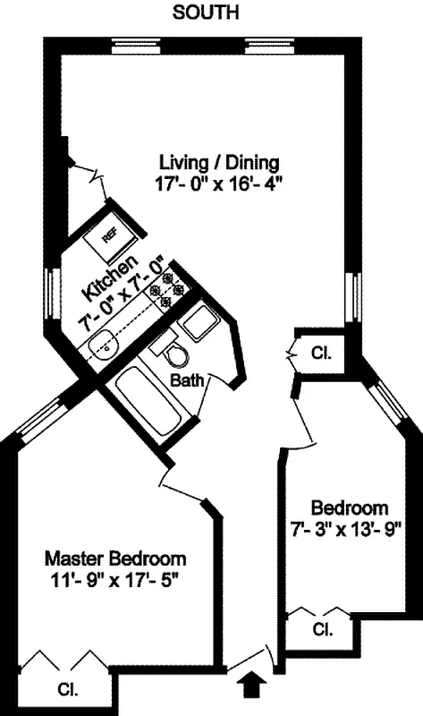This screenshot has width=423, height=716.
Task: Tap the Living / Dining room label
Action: (220, 163)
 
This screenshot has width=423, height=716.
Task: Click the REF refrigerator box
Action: (110, 235)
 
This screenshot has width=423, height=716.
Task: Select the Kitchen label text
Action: (98, 278)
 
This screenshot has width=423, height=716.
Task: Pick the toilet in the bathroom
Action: (175, 353)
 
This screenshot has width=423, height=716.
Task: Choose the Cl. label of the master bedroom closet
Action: (67, 690)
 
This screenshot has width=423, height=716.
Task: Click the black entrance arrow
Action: (253, 685)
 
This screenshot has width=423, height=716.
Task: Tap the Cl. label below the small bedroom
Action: (321, 629)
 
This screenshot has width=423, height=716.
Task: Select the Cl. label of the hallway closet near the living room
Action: (320, 353)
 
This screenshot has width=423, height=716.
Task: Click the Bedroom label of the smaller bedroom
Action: (349, 507)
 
